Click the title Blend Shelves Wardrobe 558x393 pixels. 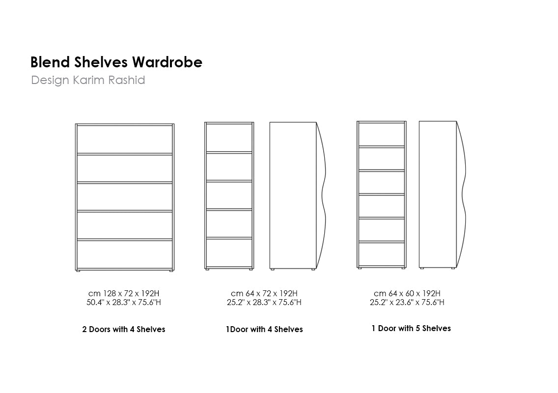click(116, 62)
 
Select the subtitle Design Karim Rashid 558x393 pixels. click(88, 80)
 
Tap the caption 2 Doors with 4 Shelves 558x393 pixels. click(123, 329)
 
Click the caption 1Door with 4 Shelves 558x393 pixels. click(264, 329)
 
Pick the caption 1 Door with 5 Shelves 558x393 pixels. click(411, 328)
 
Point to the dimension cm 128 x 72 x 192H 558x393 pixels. click(123, 293)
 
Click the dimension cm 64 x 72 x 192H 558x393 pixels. click(264, 293)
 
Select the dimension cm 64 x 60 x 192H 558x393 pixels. click(407, 293)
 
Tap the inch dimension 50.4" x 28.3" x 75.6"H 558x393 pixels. click(123, 302)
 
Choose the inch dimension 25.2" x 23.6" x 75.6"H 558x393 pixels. click(407, 302)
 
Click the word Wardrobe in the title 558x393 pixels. click(167, 62)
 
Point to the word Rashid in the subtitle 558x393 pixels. click(126, 80)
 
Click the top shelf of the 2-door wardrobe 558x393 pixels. click(125, 154)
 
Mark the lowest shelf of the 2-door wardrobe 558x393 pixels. click(125, 240)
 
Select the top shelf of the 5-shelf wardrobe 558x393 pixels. click(382, 146)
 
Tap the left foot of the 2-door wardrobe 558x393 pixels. click(78, 271)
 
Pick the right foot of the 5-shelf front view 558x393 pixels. click(403, 268)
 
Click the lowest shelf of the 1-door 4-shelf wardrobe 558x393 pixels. click(229, 238)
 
